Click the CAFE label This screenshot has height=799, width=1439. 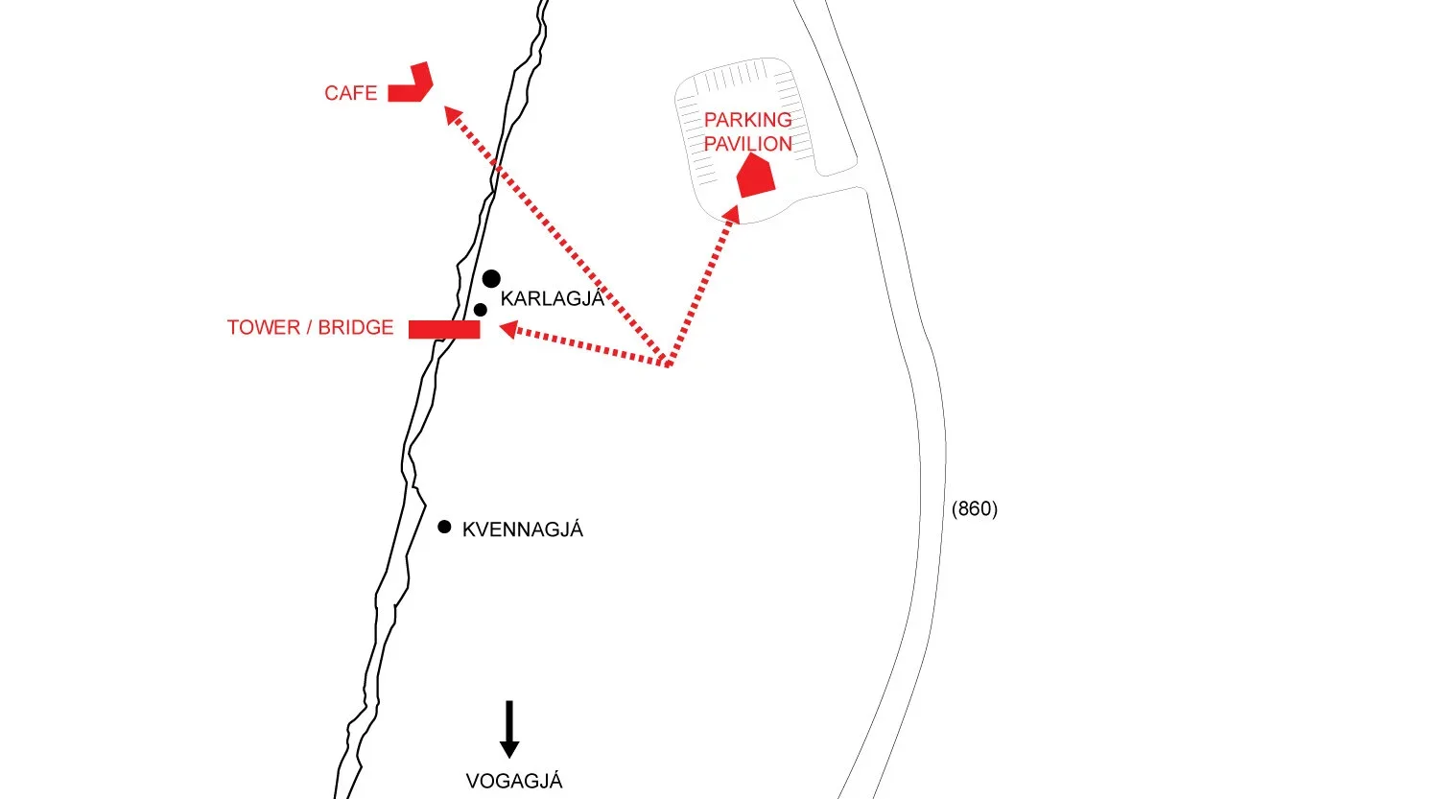tap(350, 93)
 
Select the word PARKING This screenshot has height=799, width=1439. tap(747, 120)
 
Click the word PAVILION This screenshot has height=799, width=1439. tap(747, 144)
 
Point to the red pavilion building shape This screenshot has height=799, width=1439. tap(756, 176)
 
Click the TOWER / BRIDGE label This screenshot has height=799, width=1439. tap(310, 328)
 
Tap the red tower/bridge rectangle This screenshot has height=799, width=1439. tap(444, 329)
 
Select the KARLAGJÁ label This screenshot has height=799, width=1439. tap(552, 298)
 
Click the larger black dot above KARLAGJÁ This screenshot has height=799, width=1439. tap(491, 279)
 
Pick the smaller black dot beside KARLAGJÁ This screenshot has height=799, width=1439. tap(480, 310)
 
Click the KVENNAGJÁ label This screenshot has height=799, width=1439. tap(523, 529)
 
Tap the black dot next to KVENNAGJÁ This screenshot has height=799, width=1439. tap(444, 527)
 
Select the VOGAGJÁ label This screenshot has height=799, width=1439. tap(514, 781)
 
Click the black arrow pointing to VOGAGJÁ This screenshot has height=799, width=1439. tap(509, 729)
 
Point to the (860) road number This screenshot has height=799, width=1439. tap(975, 508)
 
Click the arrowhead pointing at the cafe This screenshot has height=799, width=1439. tap(452, 114)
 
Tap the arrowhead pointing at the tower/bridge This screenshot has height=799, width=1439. tap(508, 330)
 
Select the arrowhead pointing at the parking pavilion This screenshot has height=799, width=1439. tap(732, 214)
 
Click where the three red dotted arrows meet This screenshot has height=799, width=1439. tap(668, 364)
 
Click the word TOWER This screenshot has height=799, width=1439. tap(264, 328)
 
